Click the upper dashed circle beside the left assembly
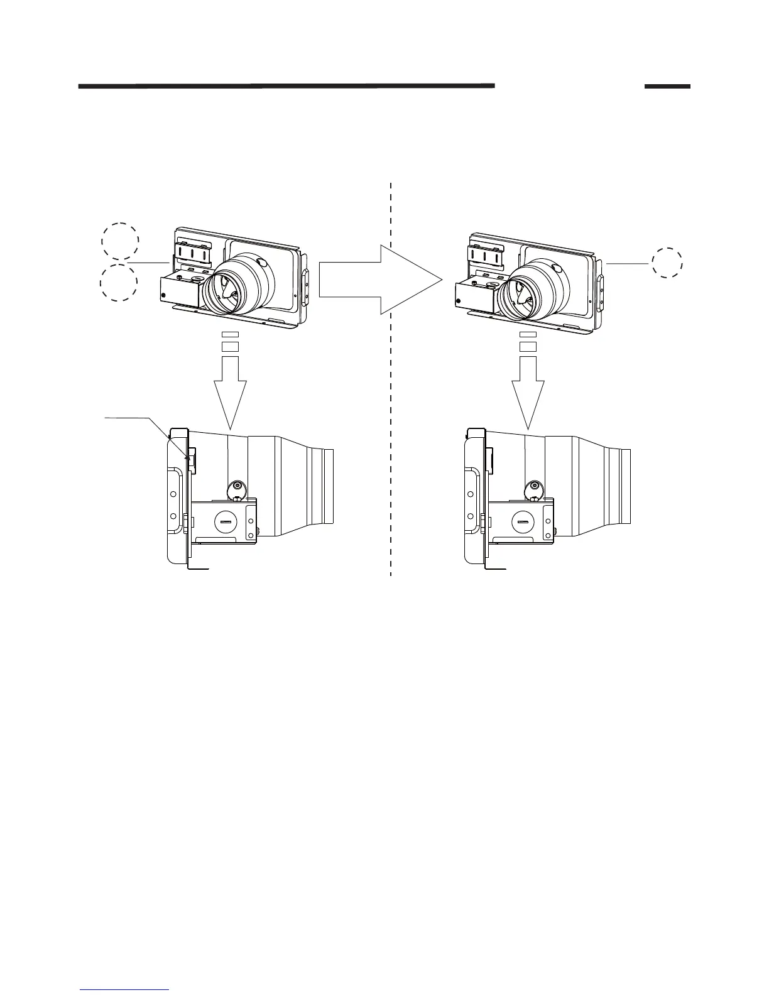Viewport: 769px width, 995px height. click(x=120, y=241)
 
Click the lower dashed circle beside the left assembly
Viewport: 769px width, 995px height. click(x=119, y=283)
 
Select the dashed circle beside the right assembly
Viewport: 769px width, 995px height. click(x=667, y=263)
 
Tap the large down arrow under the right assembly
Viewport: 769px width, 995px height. click(x=528, y=389)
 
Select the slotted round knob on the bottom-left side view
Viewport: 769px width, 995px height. click(x=226, y=521)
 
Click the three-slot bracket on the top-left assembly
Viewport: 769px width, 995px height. click(x=192, y=253)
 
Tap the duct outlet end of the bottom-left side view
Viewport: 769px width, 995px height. click(x=326, y=486)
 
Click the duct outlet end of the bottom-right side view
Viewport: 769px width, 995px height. click(x=624, y=487)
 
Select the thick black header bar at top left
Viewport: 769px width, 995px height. click(x=286, y=86)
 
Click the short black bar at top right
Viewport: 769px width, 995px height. click(x=667, y=86)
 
